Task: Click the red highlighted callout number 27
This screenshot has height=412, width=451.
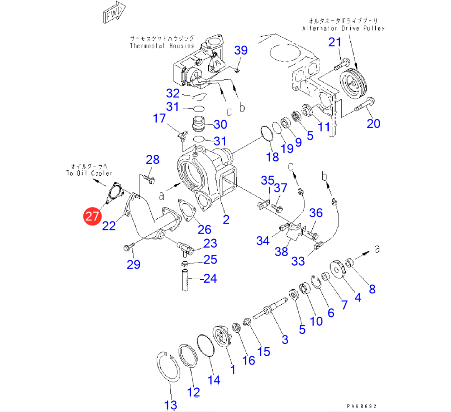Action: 92,217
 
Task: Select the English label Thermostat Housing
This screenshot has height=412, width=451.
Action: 162,46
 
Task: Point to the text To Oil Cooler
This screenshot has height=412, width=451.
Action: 91,173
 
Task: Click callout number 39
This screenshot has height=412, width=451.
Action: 241,50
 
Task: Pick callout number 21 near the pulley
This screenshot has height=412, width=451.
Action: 335,42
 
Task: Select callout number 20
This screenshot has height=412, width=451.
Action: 373,123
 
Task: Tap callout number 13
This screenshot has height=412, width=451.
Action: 171,405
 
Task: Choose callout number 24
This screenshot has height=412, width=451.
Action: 210,278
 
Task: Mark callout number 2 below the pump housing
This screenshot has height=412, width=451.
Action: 226,219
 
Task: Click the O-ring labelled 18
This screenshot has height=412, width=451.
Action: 267,135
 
